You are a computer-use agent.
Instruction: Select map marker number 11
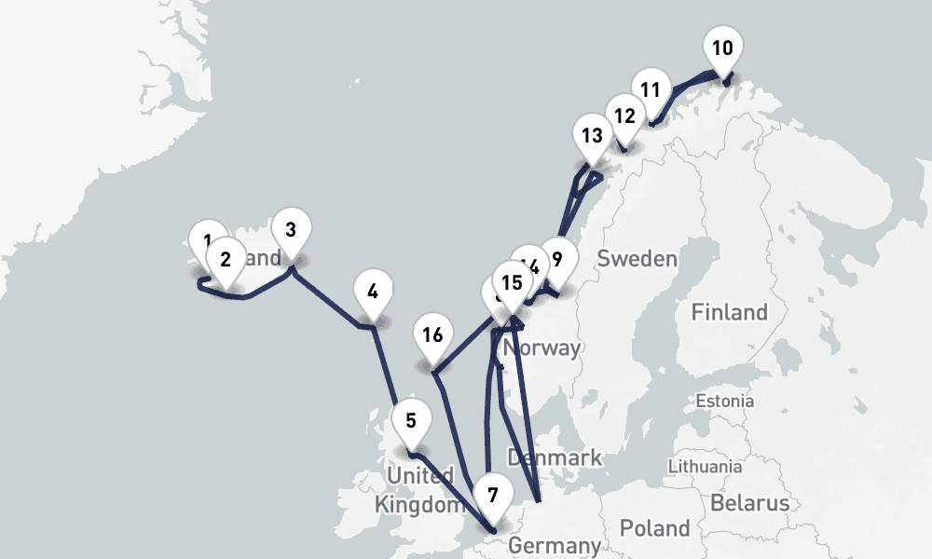(651, 91)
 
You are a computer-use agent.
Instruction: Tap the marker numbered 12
(625, 116)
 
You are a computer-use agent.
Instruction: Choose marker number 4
(373, 292)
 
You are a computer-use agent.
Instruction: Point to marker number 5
(411, 420)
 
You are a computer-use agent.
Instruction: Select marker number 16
(432, 336)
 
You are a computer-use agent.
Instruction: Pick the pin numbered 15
(511, 282)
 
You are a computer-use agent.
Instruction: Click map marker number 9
(557, 260)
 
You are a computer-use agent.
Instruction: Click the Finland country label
(729, 312)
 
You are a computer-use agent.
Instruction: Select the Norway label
(541, 348)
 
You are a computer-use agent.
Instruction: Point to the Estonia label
(725, 402)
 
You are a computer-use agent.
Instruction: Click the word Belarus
(749, 503)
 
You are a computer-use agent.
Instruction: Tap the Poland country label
(654, 528)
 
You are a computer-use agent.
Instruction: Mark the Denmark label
(555, 457)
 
